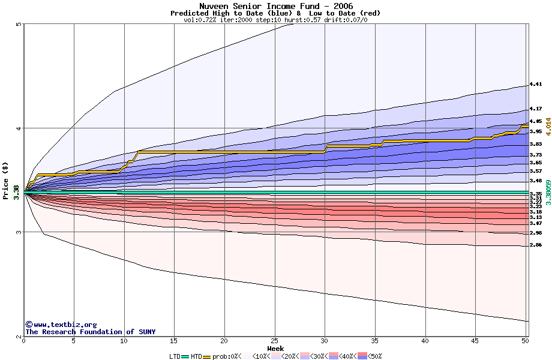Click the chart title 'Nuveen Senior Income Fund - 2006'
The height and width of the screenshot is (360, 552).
pos(275,6)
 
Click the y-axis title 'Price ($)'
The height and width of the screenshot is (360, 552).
pos(6,180)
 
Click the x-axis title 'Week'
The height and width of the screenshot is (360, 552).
pos(275,348)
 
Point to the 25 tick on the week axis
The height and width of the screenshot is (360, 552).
pos(274,341)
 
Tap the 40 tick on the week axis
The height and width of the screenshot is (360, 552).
pos(425,341)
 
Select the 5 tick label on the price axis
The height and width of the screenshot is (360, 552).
pos(19,24)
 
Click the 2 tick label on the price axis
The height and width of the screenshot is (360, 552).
pos(19,337)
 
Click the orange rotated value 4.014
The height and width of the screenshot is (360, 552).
pos(548,127)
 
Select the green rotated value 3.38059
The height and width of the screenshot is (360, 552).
pos(548,193)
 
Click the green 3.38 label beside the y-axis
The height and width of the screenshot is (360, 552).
pos(16,193)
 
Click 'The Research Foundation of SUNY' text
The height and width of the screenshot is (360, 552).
pos(90,332)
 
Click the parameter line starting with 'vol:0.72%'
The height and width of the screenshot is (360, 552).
pos(275,20)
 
